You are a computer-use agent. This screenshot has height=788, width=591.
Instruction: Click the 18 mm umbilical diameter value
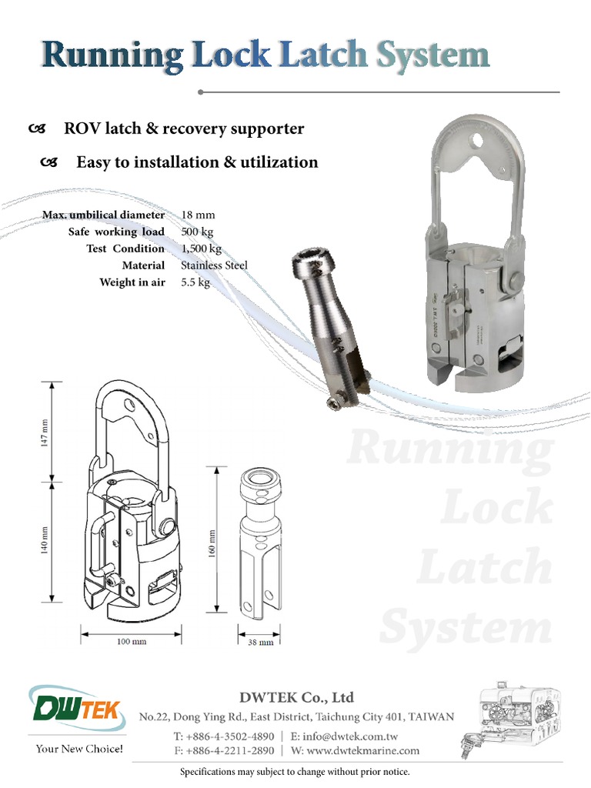(199, 215)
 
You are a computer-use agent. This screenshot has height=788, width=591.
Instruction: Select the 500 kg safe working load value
(199, 232)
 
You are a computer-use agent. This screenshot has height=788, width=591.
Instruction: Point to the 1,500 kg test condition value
(201, 249)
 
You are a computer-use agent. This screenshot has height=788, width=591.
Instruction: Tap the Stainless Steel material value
(214, 265)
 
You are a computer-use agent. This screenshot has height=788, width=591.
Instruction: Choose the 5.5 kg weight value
(195, 282)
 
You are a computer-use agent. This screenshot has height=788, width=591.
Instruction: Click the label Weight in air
(132, 282)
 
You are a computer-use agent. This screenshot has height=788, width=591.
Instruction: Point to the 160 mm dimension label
(212, 543)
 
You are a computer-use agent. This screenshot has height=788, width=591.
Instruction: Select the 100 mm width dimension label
(132, 641)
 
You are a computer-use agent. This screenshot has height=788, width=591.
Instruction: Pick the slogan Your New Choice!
(79, 749)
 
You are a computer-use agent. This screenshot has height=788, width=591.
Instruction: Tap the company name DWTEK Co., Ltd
(296, 698)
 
